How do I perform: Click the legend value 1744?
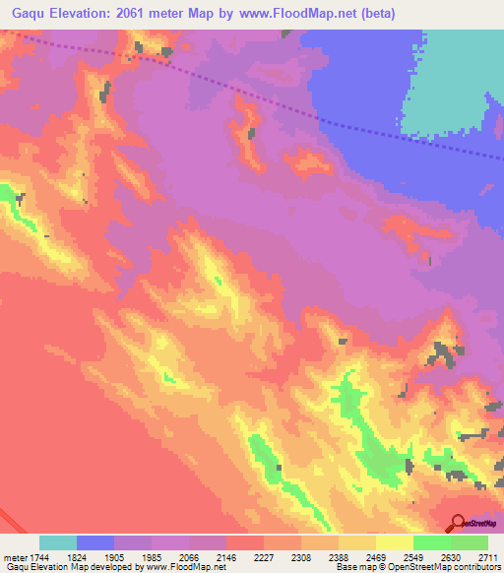37,556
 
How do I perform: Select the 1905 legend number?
127,556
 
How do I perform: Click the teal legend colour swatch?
58,542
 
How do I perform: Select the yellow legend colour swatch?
395,542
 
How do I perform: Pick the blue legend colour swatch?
95,542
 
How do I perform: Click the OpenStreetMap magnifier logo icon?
457,523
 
